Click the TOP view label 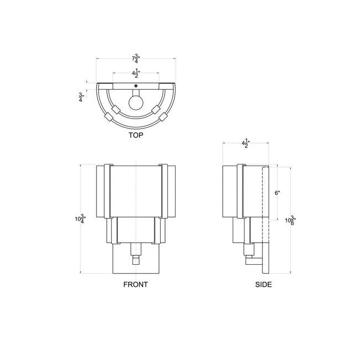[x=136, y=135]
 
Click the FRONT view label [x=136, y=285]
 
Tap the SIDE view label [x=264, y=285]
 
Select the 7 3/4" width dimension [x=136, y=58]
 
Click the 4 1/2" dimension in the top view [x=136, y=73]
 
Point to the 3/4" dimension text [x=81, y=97]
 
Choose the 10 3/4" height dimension [x=80, y=219]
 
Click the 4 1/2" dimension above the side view [x=246, y=143]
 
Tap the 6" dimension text [x=277, y=193]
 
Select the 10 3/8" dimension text [x=290, y=220]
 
